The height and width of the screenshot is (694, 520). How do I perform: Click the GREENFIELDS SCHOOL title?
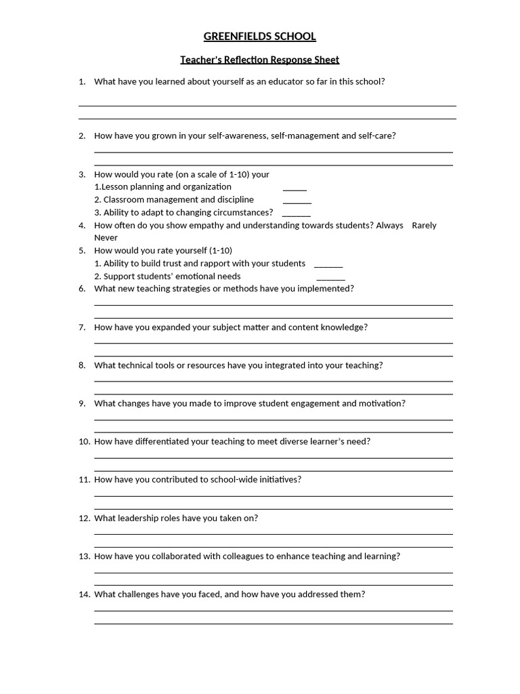click(259, 37)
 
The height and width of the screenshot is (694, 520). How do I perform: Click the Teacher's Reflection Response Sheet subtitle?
click(259, 60)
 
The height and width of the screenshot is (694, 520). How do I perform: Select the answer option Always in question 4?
click(389, 225)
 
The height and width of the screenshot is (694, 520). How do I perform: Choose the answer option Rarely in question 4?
click(424, 225)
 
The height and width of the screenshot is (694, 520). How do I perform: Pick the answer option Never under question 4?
click(106, 238)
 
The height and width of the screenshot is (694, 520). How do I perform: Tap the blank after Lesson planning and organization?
click(295, 188)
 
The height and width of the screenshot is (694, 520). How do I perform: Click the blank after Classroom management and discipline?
click(297, 201)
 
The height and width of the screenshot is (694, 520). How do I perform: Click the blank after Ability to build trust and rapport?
click(328, 265)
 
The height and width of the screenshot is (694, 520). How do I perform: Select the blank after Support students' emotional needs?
click(330, 278)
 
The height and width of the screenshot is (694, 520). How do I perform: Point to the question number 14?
click(84, 594)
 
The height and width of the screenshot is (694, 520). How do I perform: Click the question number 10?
click(84, 441)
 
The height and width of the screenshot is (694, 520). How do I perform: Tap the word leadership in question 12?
click(137, 518)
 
